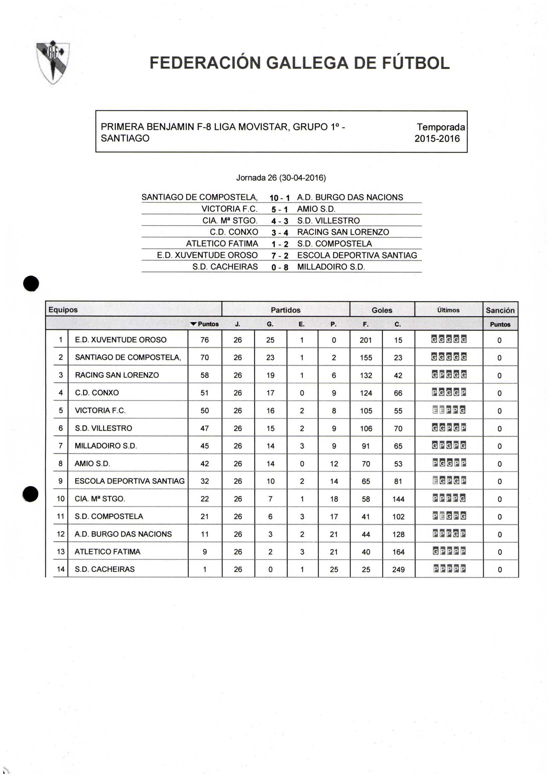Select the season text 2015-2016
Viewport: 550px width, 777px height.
point(437,139)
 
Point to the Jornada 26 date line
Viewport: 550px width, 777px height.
point(281,178)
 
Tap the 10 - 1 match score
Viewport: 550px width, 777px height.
point(279,198)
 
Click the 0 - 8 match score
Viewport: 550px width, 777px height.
point(280,267)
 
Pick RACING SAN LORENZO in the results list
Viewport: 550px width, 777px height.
point(343,232)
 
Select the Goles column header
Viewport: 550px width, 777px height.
point(382,310)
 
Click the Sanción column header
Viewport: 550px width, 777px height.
point(500,310)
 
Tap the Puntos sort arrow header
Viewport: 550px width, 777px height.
point(204,324)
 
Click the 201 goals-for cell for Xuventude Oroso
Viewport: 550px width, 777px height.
point(366,340)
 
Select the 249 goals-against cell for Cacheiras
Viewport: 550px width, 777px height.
point(398,569)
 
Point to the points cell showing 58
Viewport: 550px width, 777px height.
point(204,375)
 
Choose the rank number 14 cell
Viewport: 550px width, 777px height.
point(61,569)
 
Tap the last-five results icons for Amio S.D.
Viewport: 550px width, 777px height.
point(449,463)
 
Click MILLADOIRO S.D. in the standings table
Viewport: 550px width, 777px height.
point(106,446)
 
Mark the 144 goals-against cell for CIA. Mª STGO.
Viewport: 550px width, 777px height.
point(398,499)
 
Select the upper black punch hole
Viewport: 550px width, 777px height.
point(31,284)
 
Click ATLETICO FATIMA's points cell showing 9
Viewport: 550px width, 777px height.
point(204,551)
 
